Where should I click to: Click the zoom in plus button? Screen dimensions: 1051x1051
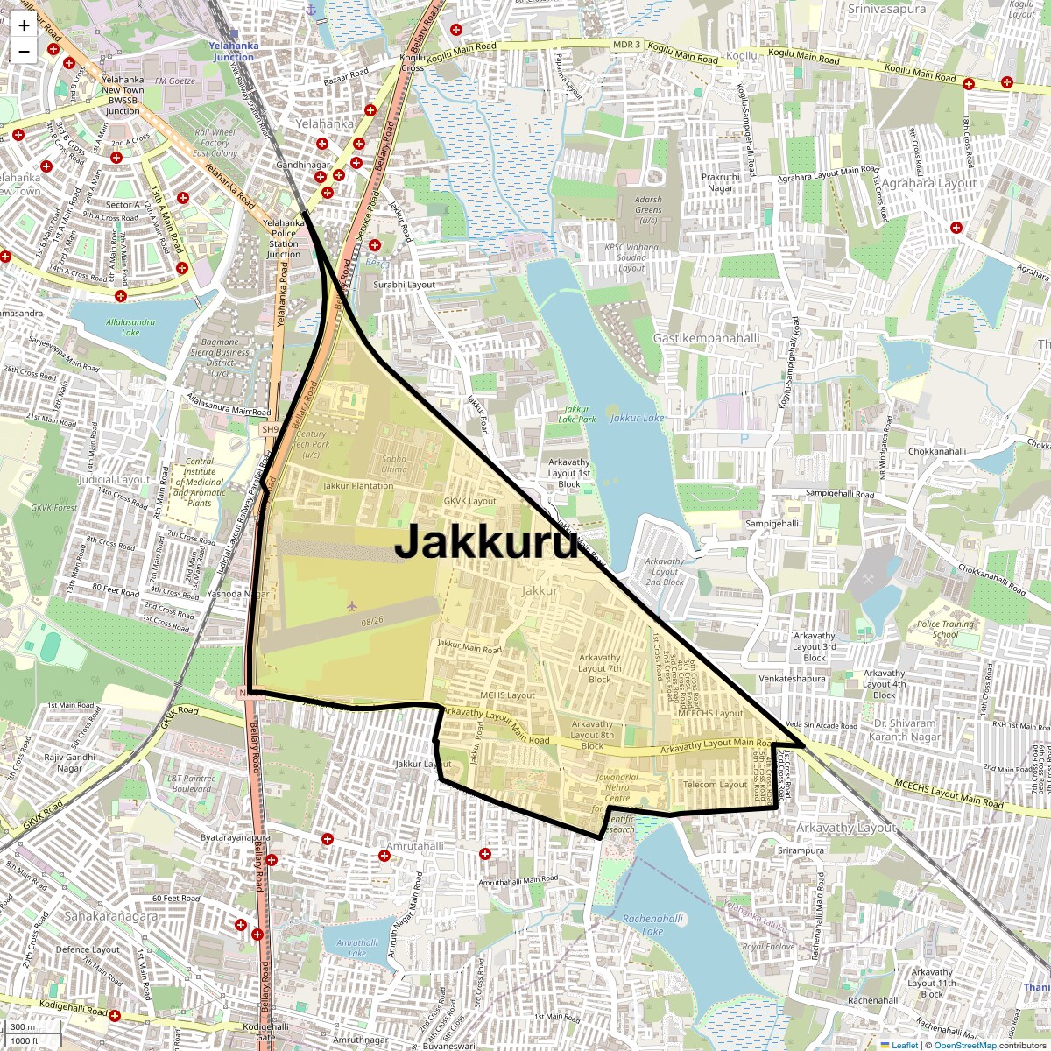(x=24, y=25)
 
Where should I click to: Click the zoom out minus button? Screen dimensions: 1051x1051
(x=24, y=51)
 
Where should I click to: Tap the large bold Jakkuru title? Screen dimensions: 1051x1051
(x=486, y=542)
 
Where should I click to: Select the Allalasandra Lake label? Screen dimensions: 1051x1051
(x=130, y=327)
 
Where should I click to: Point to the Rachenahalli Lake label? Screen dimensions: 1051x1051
(x=652, y=925)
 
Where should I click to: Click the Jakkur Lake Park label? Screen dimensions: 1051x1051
(x=577, y=413)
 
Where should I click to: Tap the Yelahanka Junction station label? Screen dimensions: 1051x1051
(x=233, y=51)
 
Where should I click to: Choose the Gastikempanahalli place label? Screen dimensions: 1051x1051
(x=707, y=338)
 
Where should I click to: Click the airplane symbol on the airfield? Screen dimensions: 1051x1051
(x=352, y=605)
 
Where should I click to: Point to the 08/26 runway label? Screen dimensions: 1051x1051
(x=372, y=621)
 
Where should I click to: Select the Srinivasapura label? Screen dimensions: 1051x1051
(x=886, y=10)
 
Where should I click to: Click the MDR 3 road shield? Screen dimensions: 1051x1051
(x=626, y=45)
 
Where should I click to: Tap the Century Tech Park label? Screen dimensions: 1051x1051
(x=311, y=444)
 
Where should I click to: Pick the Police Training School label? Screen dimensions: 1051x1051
(x=945, y=629)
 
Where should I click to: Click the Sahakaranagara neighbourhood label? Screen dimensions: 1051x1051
(x=111, y=916)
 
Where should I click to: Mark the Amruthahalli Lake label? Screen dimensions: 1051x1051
(x=357, y=948)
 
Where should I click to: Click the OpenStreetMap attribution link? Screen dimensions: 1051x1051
(x=964, y=1045)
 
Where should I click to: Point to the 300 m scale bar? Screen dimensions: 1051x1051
(x=24, y=1027)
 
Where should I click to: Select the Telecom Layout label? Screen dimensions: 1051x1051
(x=716, y=785)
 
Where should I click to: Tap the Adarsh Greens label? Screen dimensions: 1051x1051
(x=648, y=209)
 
